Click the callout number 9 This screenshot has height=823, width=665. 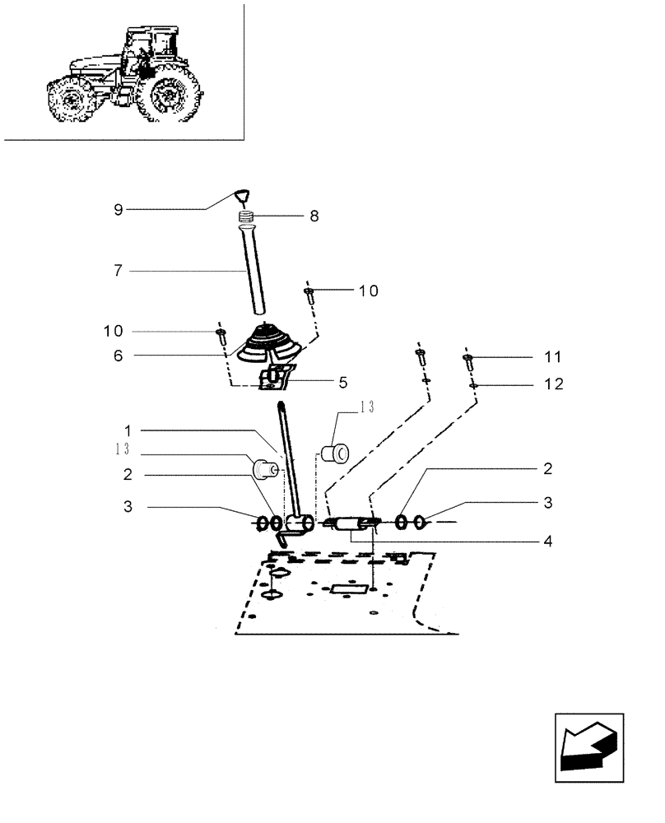coord(119,210)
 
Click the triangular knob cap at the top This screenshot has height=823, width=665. coord(240,196)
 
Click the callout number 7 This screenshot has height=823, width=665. coord(119,270)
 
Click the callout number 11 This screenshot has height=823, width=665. coord(552,357)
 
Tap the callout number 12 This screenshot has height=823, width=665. coord(552,384)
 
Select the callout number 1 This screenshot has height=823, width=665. coord(128,430)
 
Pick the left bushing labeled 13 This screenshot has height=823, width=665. coord(265,470)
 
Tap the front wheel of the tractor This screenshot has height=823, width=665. coord(68,100)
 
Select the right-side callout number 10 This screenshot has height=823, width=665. coord(367,291)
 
